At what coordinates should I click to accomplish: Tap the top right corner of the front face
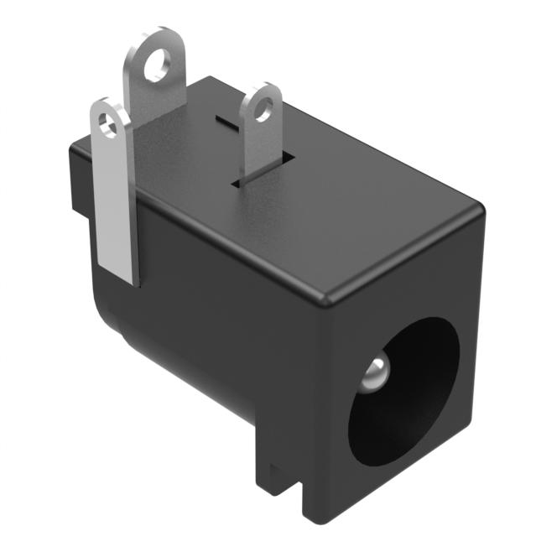click(x=482, y=210)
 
